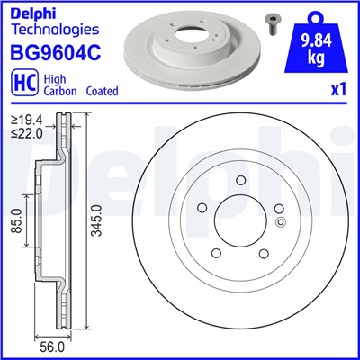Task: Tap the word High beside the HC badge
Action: (51, 79)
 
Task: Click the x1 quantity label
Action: (338, 91)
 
